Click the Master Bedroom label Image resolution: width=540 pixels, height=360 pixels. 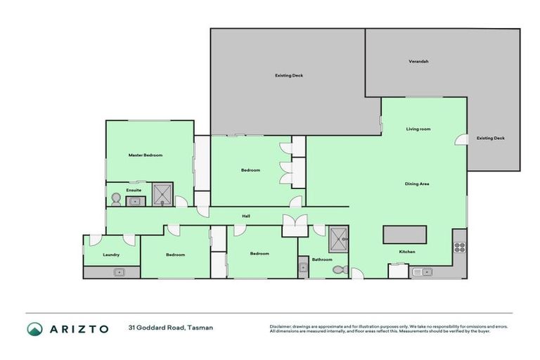click(x=146, y=155)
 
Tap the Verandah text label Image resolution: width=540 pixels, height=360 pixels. click(x=418, y=61)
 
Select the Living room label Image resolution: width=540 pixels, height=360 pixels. click(x=418, y=129)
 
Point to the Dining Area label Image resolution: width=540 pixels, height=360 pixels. click(x=417, y=184)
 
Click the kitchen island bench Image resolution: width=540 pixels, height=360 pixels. click(x=404, y=233)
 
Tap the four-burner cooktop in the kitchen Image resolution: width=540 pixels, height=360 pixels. click(x=460, y=247)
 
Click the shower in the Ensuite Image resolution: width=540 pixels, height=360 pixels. click(x=162, y=195)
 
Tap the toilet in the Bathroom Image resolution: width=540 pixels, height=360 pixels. click(x=338, y=269)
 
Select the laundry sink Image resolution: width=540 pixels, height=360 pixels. click(x=118, y=271)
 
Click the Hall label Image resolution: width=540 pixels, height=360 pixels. click(x=246, y=216)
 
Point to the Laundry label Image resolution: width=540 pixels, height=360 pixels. click(x=110, y=255)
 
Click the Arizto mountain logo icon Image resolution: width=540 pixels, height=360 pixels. click(x=34, y=329)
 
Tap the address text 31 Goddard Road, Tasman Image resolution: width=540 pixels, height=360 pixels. click(x=170, y=328)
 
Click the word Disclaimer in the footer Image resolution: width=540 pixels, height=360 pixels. click(x=281, y=326)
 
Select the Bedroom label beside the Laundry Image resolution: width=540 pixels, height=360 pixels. click(x=175, y=255)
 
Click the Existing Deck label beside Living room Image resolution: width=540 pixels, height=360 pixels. click(x=490, y=138)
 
